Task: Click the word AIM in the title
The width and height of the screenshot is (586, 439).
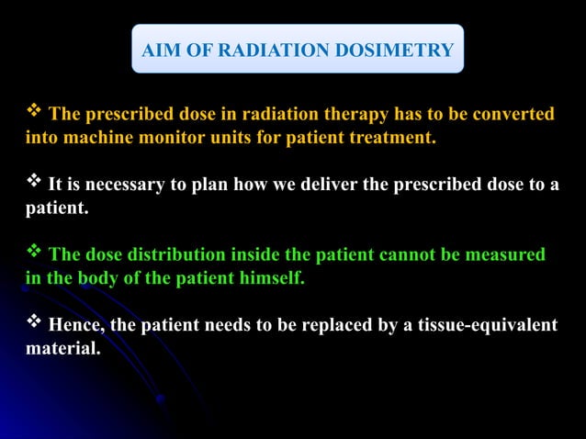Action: tap(160, 50)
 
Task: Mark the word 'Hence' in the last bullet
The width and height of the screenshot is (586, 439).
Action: tap(74, 324)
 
